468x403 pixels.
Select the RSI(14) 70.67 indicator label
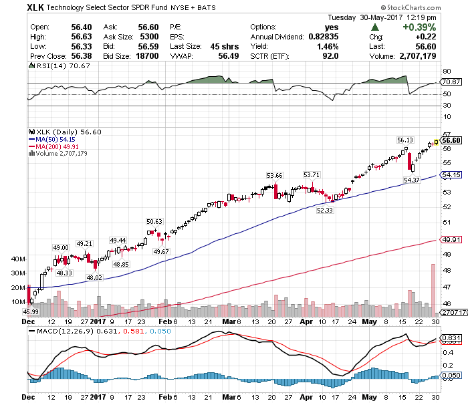(x=51, y=67)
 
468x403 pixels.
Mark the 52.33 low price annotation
(x=325, y=210)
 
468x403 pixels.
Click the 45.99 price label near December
(x=31, y=311)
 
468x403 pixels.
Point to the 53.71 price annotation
(x=312, y=175)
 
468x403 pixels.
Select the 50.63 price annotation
(x=155, y=221)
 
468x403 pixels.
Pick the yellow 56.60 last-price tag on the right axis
(x=452, y=140)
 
